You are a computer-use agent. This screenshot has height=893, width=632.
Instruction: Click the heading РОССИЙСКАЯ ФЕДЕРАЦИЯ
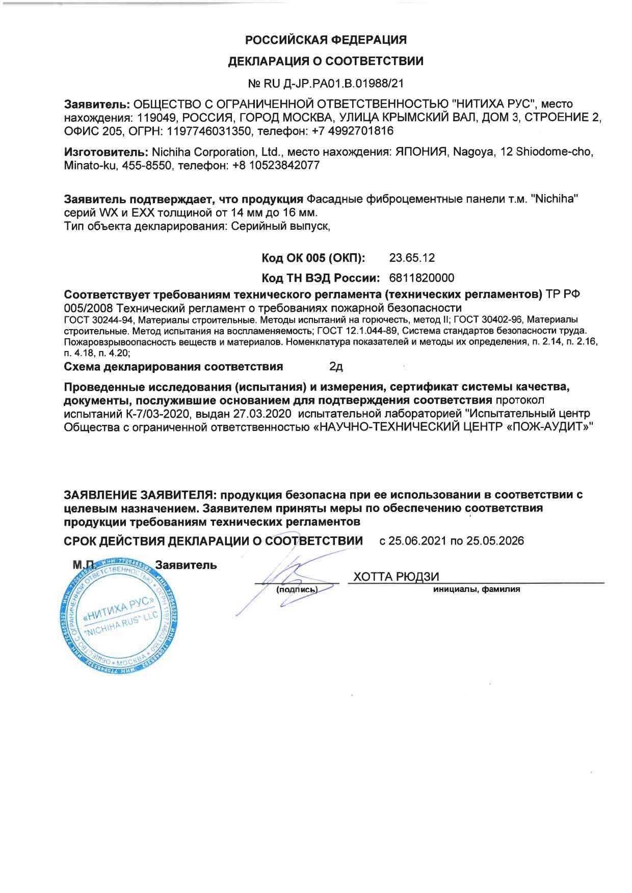click(x=326, y=40)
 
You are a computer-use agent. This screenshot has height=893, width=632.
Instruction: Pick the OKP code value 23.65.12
click(x=412, y=258)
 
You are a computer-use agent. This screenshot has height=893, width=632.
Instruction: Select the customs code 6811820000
click(x=421, y=278)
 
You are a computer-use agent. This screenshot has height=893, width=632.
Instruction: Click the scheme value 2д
click(x=336, y=367)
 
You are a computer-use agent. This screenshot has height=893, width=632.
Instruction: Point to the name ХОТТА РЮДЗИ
click(x=396, y=576)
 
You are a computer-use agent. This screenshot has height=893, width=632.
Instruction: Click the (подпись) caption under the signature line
click(x=297, y=590)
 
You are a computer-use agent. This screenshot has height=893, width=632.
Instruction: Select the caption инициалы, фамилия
click(x=477, y=589)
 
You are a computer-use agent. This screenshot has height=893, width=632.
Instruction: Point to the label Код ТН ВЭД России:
click(x=322, y=278)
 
